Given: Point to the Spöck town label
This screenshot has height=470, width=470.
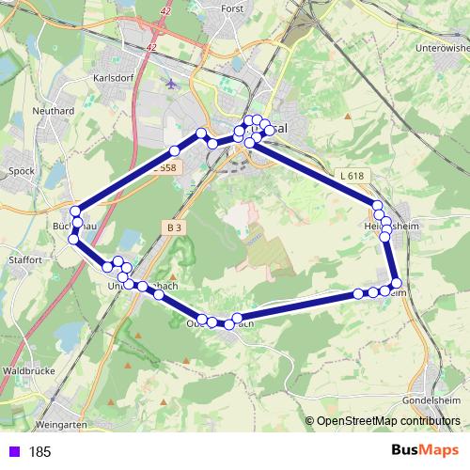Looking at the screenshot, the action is click(x=21, y=171).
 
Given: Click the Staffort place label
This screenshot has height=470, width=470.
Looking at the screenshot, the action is click(x=24, y=258).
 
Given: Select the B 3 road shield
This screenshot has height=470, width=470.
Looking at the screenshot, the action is click(x=174, y=227).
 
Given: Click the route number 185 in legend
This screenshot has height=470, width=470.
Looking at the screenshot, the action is click(x=40, y=451).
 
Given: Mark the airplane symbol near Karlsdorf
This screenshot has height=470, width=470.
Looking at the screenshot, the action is click(x=169, y=83).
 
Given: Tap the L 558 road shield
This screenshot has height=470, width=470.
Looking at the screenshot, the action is click(x=164, y=167).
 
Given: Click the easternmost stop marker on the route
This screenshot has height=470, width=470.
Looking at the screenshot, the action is click(x=397, y=283).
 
